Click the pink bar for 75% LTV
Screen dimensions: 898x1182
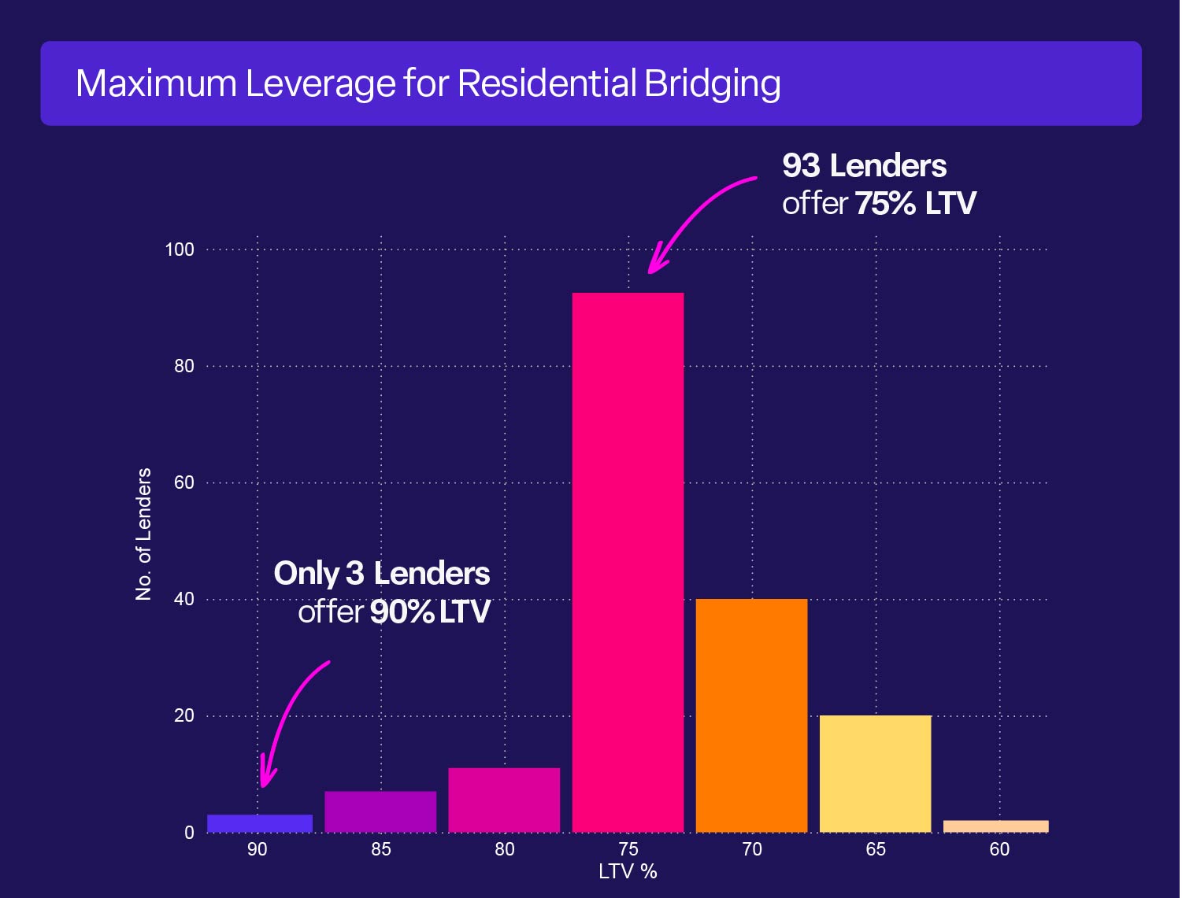tap(628, 562)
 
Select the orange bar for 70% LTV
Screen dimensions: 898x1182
tap(751, 715)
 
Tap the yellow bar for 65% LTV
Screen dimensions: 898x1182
tap(875, 773)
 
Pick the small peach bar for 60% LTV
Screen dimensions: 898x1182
tap(995, 826)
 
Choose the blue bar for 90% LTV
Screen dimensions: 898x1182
tap(260, 823)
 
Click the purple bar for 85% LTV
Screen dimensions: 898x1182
tap(380, 811)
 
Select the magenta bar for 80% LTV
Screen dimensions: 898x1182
tap(504, 800)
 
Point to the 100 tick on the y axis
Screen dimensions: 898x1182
tap(180, 249)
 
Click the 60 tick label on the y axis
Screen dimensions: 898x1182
tap(183, 482)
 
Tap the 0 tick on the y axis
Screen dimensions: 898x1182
tap(189, 833)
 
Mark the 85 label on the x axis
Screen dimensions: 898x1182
tap(380, 849)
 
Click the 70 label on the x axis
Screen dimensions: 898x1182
tap(751, 849)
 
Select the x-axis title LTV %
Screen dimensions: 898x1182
tap(628, 871)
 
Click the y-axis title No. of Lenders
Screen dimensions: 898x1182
tap(143, 534)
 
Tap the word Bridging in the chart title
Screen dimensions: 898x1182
tap(712, 83)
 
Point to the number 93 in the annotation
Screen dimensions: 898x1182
tap(801, 166)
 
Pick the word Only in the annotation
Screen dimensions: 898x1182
tap(306, 574)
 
